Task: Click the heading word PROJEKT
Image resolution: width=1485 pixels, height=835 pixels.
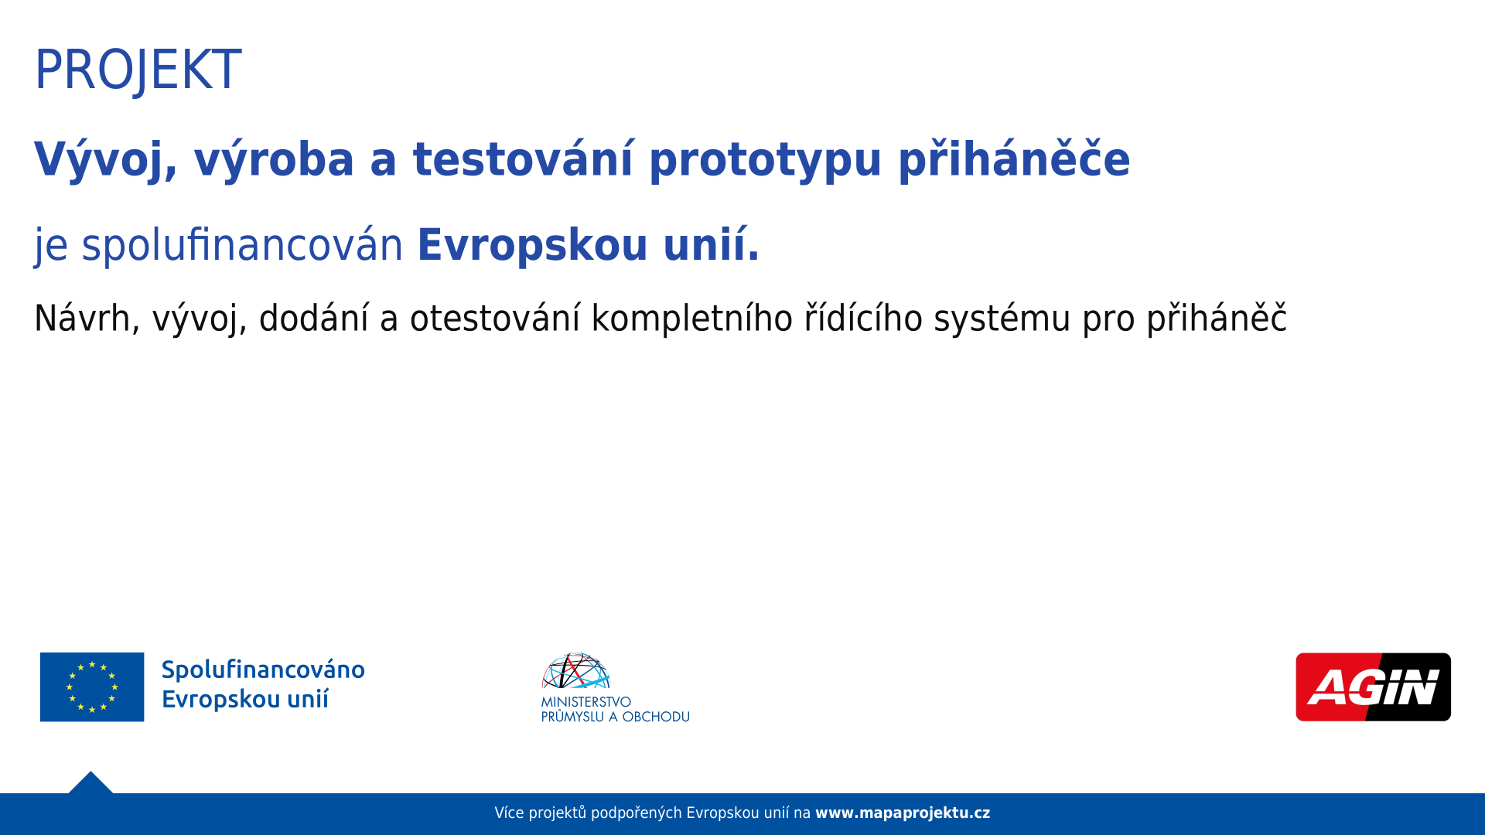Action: tap(138, 70)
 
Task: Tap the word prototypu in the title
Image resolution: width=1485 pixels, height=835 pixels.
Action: tap(765, 161)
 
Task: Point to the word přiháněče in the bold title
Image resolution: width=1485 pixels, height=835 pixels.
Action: tap(1014, 159)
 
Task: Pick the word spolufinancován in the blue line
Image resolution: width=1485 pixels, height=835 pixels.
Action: tap(242, 245)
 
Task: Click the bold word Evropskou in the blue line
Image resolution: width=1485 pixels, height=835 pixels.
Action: tap(532, 245)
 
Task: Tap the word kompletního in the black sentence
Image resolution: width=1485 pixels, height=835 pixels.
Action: tap(692, 318)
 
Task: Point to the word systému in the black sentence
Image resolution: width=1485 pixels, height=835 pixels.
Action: tap(1002, 318)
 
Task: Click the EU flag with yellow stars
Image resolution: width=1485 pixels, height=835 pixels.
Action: tap(92, 687)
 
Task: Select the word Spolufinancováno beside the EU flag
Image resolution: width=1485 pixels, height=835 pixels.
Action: tap(263, 670)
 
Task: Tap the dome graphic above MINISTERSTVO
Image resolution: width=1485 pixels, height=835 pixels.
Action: tap(576, 670)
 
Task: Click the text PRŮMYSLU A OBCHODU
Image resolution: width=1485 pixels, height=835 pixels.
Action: tap(616, 717)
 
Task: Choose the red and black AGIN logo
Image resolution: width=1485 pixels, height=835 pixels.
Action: tap(1373, 687)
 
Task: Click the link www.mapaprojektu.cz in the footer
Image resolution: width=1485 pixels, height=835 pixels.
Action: tap(903, 813)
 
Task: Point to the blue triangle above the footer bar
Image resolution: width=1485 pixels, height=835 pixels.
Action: tap(90, 784)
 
